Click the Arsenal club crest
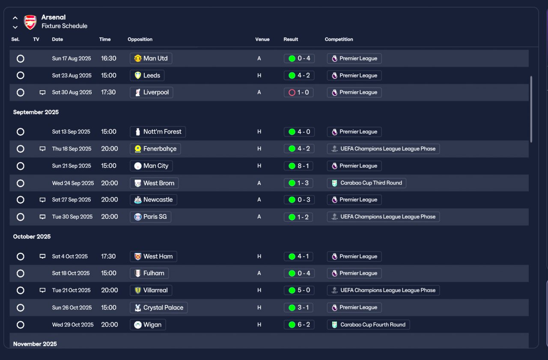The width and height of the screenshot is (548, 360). point(30,22)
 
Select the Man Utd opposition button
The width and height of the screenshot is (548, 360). point(151,59)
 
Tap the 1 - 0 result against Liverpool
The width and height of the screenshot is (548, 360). point(299,92)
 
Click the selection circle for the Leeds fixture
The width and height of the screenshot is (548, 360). point(21,75)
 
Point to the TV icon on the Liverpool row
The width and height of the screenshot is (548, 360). point(42,92)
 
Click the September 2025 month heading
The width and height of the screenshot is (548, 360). point(36,112)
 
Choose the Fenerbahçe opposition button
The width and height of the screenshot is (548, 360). point(155,149)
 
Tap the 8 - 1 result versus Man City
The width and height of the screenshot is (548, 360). point(299,166)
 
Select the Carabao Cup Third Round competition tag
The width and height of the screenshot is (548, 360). point(366,183)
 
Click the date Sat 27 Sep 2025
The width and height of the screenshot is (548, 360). point(71,199)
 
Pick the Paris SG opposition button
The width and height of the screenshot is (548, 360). point(150,217)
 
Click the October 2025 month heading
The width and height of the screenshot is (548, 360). point(32,236)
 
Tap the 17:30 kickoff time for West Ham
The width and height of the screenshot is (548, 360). point(108,256)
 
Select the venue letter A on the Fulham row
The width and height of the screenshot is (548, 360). point(259,273)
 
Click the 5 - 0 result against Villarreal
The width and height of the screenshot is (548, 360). point(299,290)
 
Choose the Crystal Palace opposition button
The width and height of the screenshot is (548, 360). point(159,307)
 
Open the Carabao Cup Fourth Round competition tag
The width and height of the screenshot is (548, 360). point(369,324)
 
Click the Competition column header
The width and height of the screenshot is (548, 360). point(339,39)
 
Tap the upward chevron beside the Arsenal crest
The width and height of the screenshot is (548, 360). point(15,18)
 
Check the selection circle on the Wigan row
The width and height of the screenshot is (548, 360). point(21,325)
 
